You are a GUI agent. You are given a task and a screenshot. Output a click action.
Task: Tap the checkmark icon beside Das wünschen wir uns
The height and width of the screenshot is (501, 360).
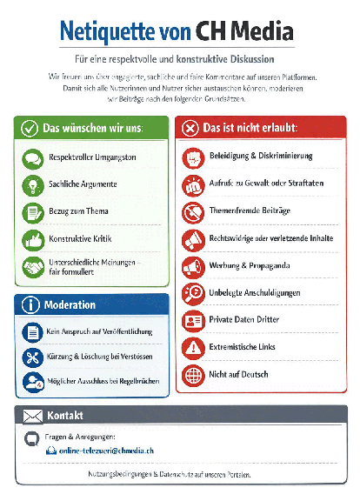30,128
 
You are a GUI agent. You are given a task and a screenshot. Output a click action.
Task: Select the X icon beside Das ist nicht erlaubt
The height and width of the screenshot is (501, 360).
190,128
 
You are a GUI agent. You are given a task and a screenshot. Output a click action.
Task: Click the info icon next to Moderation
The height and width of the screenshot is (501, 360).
30,305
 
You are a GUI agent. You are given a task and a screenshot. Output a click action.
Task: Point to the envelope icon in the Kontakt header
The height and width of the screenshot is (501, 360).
32,416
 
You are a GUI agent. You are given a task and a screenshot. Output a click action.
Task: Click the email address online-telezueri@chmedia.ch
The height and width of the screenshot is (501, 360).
104,451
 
